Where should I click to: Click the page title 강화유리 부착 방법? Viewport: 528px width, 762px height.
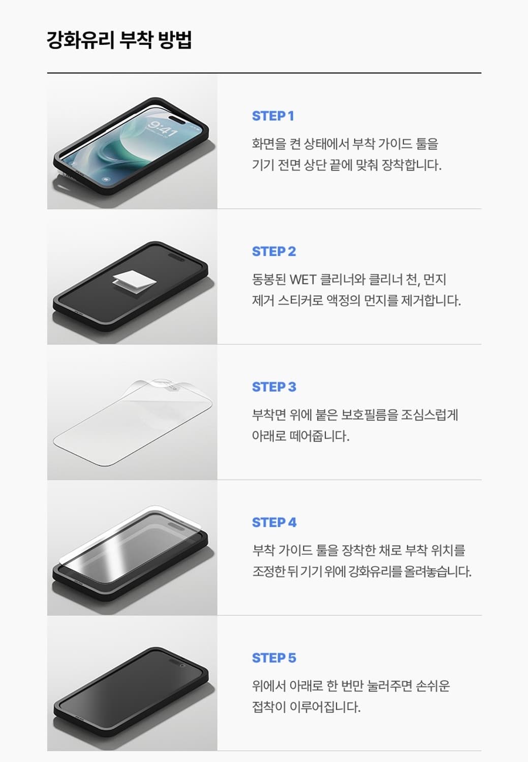(119, 40)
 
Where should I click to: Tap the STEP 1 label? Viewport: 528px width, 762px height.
(273, 116)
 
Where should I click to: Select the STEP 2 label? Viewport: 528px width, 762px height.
(274, 251)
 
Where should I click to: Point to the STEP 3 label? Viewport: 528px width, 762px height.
(274, 387)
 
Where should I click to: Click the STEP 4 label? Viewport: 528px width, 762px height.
(274, 523)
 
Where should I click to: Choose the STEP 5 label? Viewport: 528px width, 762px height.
(274, 658)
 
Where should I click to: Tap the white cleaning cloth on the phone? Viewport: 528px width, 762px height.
(131, 278)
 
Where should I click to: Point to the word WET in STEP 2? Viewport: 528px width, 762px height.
(303, 279)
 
